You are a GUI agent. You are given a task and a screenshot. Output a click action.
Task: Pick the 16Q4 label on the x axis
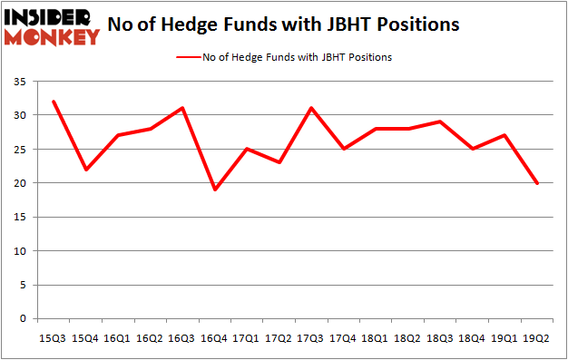coord(215,337)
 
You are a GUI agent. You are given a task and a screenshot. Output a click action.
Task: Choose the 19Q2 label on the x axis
coord(537,337)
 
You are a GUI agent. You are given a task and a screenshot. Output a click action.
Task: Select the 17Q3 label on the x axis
coord(311,337)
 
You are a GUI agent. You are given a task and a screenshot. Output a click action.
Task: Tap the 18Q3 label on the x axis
coord(440,337)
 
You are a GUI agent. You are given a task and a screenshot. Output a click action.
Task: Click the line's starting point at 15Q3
coord(53,102)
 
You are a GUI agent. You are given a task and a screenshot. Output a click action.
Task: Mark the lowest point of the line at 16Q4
coord(214,190)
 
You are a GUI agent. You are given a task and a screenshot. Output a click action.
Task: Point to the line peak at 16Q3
coord(182,109)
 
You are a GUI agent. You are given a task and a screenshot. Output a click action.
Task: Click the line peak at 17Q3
coord(311,109)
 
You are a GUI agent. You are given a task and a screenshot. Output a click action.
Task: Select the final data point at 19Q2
coord(537,183)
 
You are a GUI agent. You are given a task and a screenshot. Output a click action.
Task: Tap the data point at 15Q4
coord(85,170)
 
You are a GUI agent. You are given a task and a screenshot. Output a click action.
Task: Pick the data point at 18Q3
coord(440,122)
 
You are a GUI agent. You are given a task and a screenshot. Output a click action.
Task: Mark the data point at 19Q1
coord(504,135)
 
